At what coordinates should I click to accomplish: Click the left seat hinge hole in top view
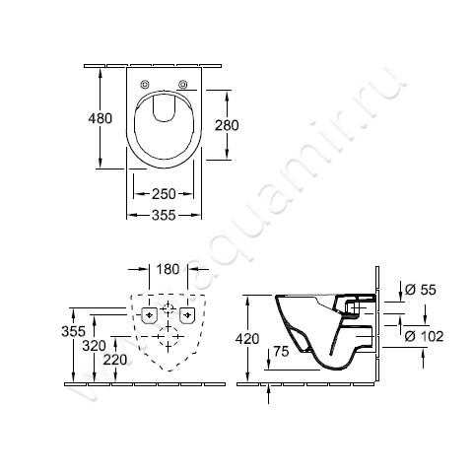tap(145, 83)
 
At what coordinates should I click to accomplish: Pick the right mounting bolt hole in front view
tap(188, 315)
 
